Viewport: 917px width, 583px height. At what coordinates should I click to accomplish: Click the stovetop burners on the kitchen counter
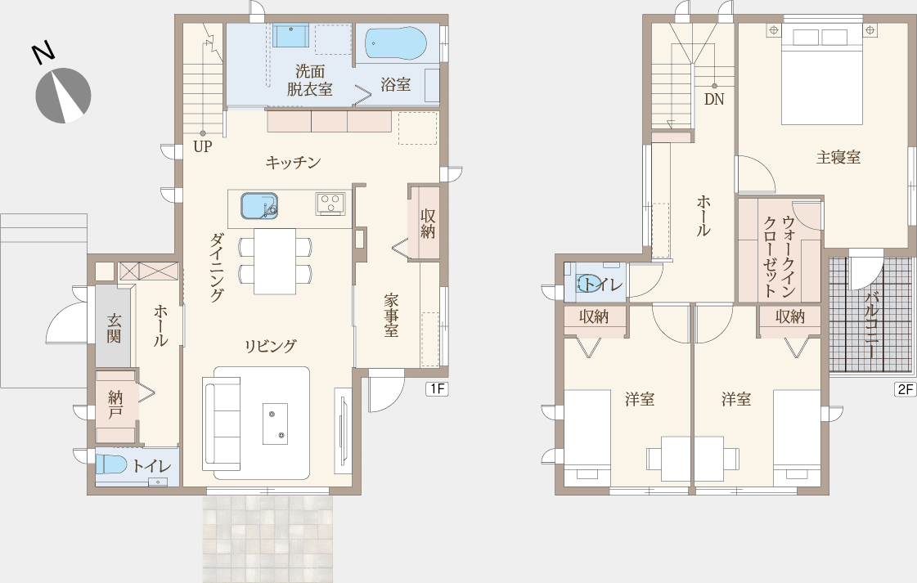click(330, 203)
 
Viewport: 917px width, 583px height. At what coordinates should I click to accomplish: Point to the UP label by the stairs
click(202, 146)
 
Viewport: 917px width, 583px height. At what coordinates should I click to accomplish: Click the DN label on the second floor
click(714, 100)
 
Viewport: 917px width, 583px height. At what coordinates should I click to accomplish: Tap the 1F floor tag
click(438, 388)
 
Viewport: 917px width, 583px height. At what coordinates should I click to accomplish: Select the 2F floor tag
click(906, 389)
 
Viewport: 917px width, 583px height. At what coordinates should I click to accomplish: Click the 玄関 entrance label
click(114, 328)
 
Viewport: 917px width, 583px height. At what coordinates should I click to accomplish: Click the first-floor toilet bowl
click(111, 464)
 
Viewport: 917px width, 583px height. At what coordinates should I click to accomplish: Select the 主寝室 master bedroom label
click(838, 157)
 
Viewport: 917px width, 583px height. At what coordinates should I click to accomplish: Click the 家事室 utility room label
click(391, 315)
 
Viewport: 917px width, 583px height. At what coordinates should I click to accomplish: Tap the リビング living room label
click(270, 346)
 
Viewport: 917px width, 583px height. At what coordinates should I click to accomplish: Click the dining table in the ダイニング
click(275, 262)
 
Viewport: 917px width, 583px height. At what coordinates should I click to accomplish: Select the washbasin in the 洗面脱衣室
click(290, 36)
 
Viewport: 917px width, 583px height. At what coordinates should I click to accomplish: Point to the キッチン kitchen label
click(293, 162)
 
